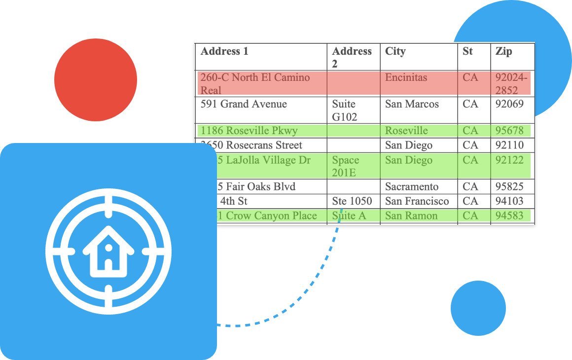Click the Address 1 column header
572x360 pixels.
click(x=225, y=51)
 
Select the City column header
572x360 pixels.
click(x=395, y=51)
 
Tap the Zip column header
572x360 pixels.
click(x=504, y=51)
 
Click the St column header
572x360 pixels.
click(x=467, y=51)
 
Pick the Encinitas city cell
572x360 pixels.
click(x=406, y=77)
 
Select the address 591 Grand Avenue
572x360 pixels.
click(x=244, y=104)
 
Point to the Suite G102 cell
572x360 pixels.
click(x=345, y=110)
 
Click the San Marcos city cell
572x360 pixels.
click(x=412, y=104)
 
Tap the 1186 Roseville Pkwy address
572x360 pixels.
click(x=249, y=131)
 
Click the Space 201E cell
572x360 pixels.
click(x=346, y=166)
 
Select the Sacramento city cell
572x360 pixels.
click(x=412, y=186)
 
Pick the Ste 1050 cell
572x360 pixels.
click(x=352, y=201)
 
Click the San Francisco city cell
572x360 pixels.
click(x=417, y=201)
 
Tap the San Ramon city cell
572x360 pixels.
click(x=411, y=216)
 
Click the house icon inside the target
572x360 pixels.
click(x=108, y=252)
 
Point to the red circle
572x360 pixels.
click(x=96, y=80)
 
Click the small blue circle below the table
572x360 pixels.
click(x=478, y=308)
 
